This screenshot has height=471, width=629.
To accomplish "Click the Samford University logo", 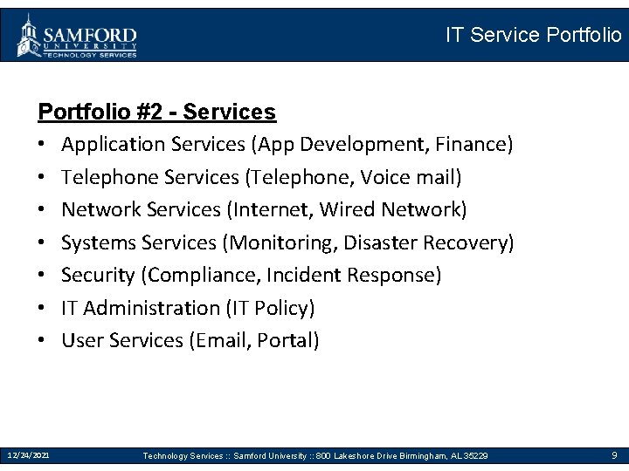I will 77,36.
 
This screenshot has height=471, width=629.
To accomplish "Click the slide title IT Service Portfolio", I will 533,36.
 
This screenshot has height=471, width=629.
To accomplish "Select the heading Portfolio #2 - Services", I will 157,113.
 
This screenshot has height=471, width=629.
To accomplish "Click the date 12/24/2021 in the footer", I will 29,455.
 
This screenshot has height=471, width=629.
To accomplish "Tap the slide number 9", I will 614,455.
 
